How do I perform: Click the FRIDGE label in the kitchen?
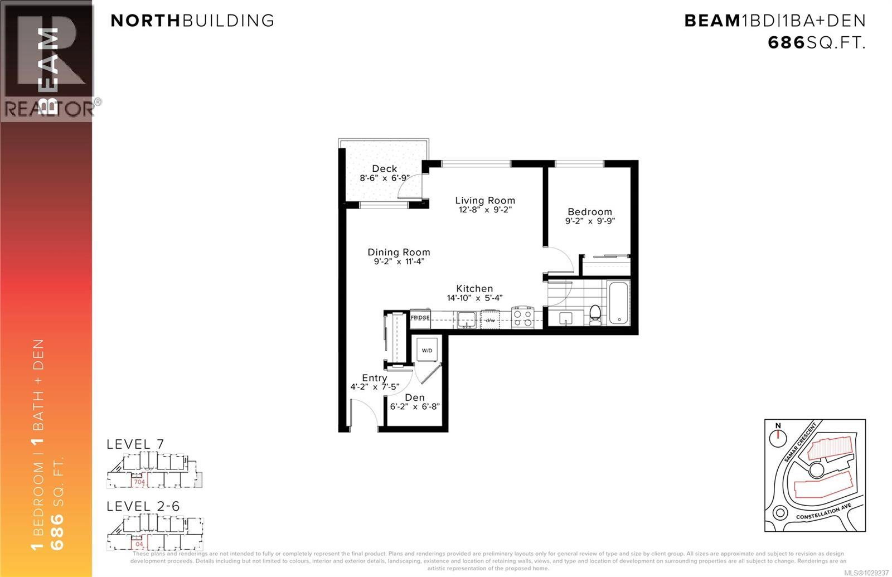[420, 318]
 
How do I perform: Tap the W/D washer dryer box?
[427, 351]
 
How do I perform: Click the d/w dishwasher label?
[490, 320]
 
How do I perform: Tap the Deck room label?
[385, 168]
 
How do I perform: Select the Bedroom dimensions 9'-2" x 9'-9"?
[590, 221]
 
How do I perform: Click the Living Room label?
[485, 200]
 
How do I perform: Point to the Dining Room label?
[399, 252]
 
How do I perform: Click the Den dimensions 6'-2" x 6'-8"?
[415, 407]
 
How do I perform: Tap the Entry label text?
[375, 377]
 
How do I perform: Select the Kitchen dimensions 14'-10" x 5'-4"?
[474, 298]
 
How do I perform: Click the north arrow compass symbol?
[778, 438]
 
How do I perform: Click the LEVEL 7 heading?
[135, 444]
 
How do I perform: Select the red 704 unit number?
[139, 482]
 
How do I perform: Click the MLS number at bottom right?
[867, 573]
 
